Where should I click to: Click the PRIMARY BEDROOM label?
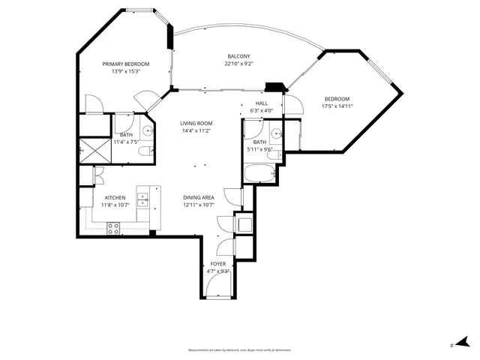point(126,64)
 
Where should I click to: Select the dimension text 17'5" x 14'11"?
point(337,106)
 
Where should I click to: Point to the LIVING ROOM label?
point(196,123)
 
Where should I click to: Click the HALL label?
point(261,103)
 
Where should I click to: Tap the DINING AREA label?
point(199,197)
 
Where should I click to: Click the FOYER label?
point(217,264)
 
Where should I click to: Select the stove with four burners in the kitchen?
point(114,229)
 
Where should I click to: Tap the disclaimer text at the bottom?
point(240,350)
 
